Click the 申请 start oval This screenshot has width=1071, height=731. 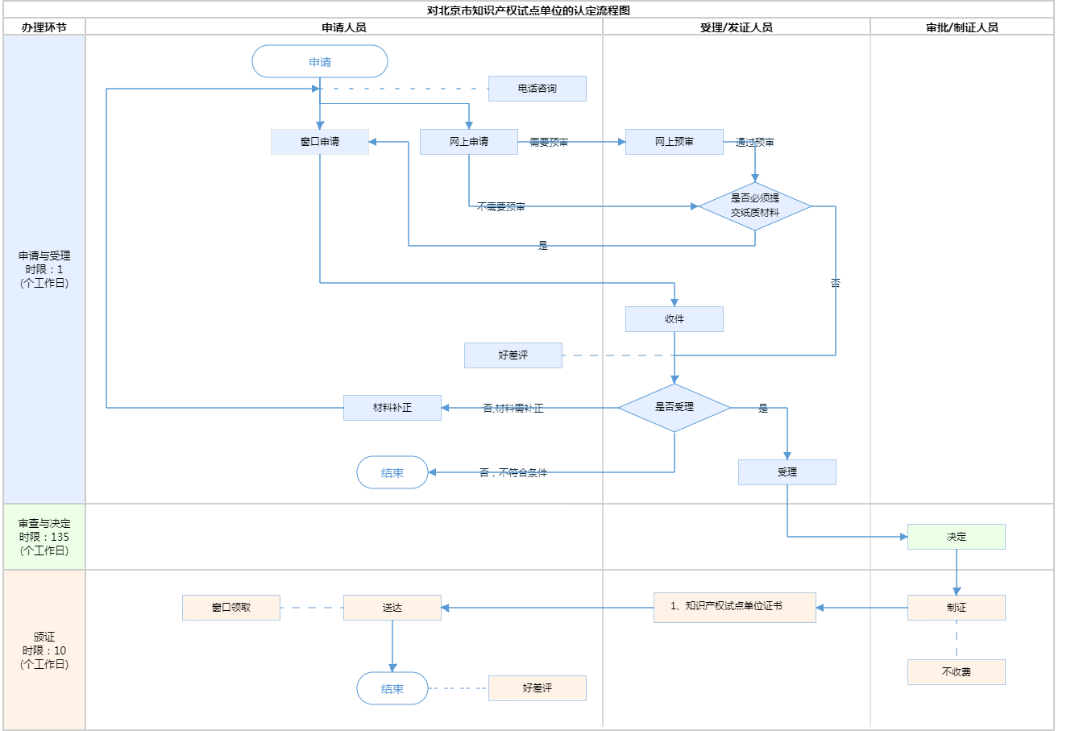pos(320,62)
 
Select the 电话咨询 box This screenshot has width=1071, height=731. pos(537,89)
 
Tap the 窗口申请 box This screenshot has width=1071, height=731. pos(320,142)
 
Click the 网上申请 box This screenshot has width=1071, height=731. pos(468,142)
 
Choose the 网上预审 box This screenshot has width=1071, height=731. pos(674,142)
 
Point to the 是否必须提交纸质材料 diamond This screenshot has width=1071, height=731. pos(754,206)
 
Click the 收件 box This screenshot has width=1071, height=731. pos(674,319)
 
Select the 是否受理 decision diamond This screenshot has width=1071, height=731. pos(674,408)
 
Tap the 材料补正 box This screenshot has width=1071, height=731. pos(392,408)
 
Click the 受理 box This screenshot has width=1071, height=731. pos(787,472)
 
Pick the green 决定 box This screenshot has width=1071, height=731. pos(956,537)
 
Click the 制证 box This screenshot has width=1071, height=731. pos(956,608)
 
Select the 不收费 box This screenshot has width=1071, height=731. pos(956,672)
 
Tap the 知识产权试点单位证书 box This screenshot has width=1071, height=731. pos(734,607)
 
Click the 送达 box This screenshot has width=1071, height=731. pos(392,608)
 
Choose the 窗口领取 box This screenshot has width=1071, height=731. pos(230,608)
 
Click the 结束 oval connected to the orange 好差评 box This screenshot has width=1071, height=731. pos(392,689)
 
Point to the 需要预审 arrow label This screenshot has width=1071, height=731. pos(549,143)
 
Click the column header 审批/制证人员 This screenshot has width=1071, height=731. pos(961,27)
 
